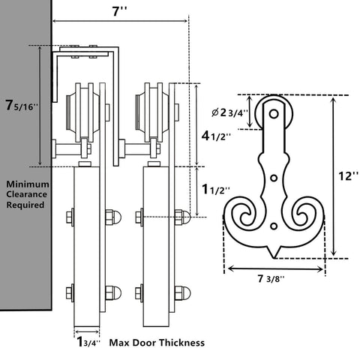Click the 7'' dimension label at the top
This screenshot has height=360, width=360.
119,11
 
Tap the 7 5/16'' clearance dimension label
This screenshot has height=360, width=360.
22,105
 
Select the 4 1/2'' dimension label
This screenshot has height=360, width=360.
216,136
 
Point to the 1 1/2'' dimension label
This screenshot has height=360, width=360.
215,190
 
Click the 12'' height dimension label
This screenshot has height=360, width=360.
349,176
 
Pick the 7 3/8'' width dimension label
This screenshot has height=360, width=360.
271,278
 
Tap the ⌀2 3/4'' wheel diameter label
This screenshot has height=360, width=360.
229,112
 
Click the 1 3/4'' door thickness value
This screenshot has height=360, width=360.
88,342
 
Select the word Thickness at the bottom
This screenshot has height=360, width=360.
181,342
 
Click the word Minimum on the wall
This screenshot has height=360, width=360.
28,184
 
